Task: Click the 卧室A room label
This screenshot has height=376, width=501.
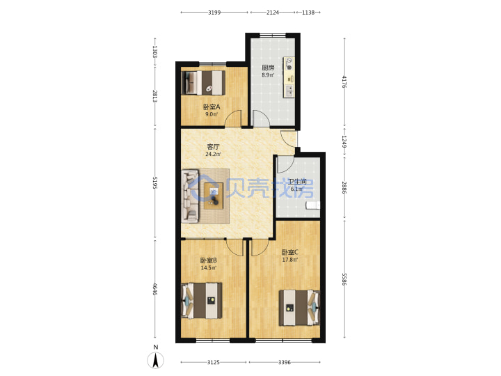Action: pyautogui.click(x=212, y=107)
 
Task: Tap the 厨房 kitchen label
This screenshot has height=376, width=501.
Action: pyautogui.click(x=268, y=68)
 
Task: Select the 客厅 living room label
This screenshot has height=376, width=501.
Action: pyautogui.click(x=213, y=147)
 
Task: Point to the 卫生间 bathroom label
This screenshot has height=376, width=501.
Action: pyautogui.click(x=297, y=182)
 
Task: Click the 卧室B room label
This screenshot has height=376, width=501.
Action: pyautogui.click(x=208, y=260)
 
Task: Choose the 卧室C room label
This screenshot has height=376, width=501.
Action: pyautogui.click(x=289, y=253)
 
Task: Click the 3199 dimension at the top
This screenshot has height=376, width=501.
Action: pyautogui.click(x=214, y=13)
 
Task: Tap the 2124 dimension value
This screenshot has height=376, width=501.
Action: pyautogui.click(x=273, y=13)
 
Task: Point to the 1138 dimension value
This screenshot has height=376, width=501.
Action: pyautogui.click(x=308, y=13)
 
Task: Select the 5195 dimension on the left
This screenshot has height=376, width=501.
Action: pyautogui.click(x=155, y=182)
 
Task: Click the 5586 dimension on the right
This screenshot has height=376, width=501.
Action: pyautogui.click(x=344, y=279)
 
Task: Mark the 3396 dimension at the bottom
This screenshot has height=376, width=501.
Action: pyautogui.click(x=285, y=362)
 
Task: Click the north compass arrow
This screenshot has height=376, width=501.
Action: pyautogui.click(x=156, y=361)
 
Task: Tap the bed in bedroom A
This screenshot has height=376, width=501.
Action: pyautogui.click(x=203, y=83)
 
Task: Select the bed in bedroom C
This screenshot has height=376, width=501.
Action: pyautogui.click(x=299, y=308)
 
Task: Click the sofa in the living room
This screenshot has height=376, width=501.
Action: pyautogui.click(x=190, y=196)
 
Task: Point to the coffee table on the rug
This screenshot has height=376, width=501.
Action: pyautogui.click(x=214, y=196)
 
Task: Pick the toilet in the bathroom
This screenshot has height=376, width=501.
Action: pyautogui.click(x=313, y=205)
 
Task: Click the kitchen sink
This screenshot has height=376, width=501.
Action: pyautogui.click(x=289, y=91)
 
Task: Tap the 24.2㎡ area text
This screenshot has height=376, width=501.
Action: pyautogui.click(x=213, y=154)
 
